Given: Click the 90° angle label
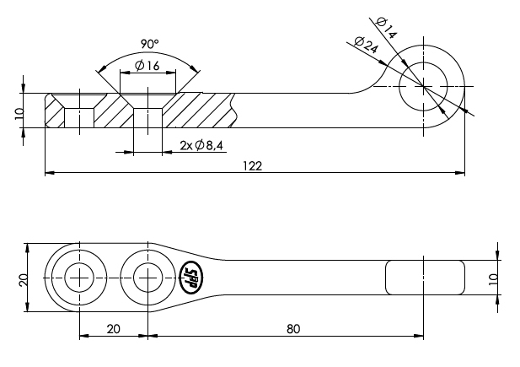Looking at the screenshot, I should pyautogui.click(x=147, y=43).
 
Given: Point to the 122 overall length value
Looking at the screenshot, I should pyautogui.click(x=253, y=166).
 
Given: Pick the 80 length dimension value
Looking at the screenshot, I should pyautogui.click(x=293, y=328).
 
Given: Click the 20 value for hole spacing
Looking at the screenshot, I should pyautogui.click(x=113, y=328).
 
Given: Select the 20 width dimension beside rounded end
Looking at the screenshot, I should pyautogui.click(x=24, y=278).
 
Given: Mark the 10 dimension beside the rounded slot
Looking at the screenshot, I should pyautogui.click(x=494, y=278).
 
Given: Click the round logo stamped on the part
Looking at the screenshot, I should pyautogui.click(x=190, y=277).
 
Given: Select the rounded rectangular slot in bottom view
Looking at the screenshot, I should pyautogui.click(x=425, y=278).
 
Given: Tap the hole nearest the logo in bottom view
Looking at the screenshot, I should pyautogui.click(x=147, y=277).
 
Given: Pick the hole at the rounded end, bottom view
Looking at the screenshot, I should pyautogui.click(x=79, y=277).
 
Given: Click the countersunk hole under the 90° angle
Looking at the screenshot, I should pyautogui.click(x=147, y=112).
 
